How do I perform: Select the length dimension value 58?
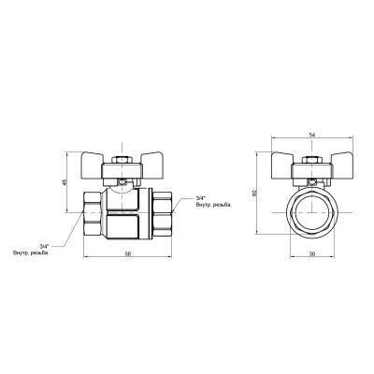pos(125,255)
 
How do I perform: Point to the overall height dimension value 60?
pos(255,193)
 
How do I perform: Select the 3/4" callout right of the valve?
pos(201,198)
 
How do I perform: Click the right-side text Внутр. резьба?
pos(212,206)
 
